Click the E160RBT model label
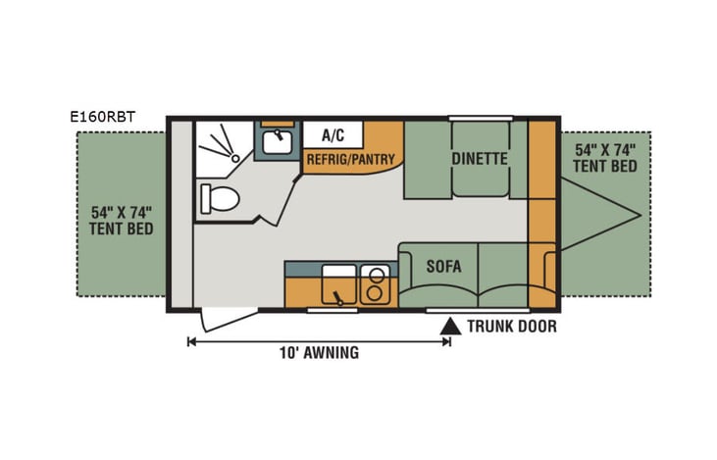103,117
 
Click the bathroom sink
275,143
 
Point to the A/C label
332,134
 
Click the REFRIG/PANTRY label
350,159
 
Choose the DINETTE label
480,159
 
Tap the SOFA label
444,266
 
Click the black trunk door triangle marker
450,326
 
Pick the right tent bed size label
605,158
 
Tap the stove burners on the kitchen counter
374,284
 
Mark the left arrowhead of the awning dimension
190,341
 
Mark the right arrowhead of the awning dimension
447,341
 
